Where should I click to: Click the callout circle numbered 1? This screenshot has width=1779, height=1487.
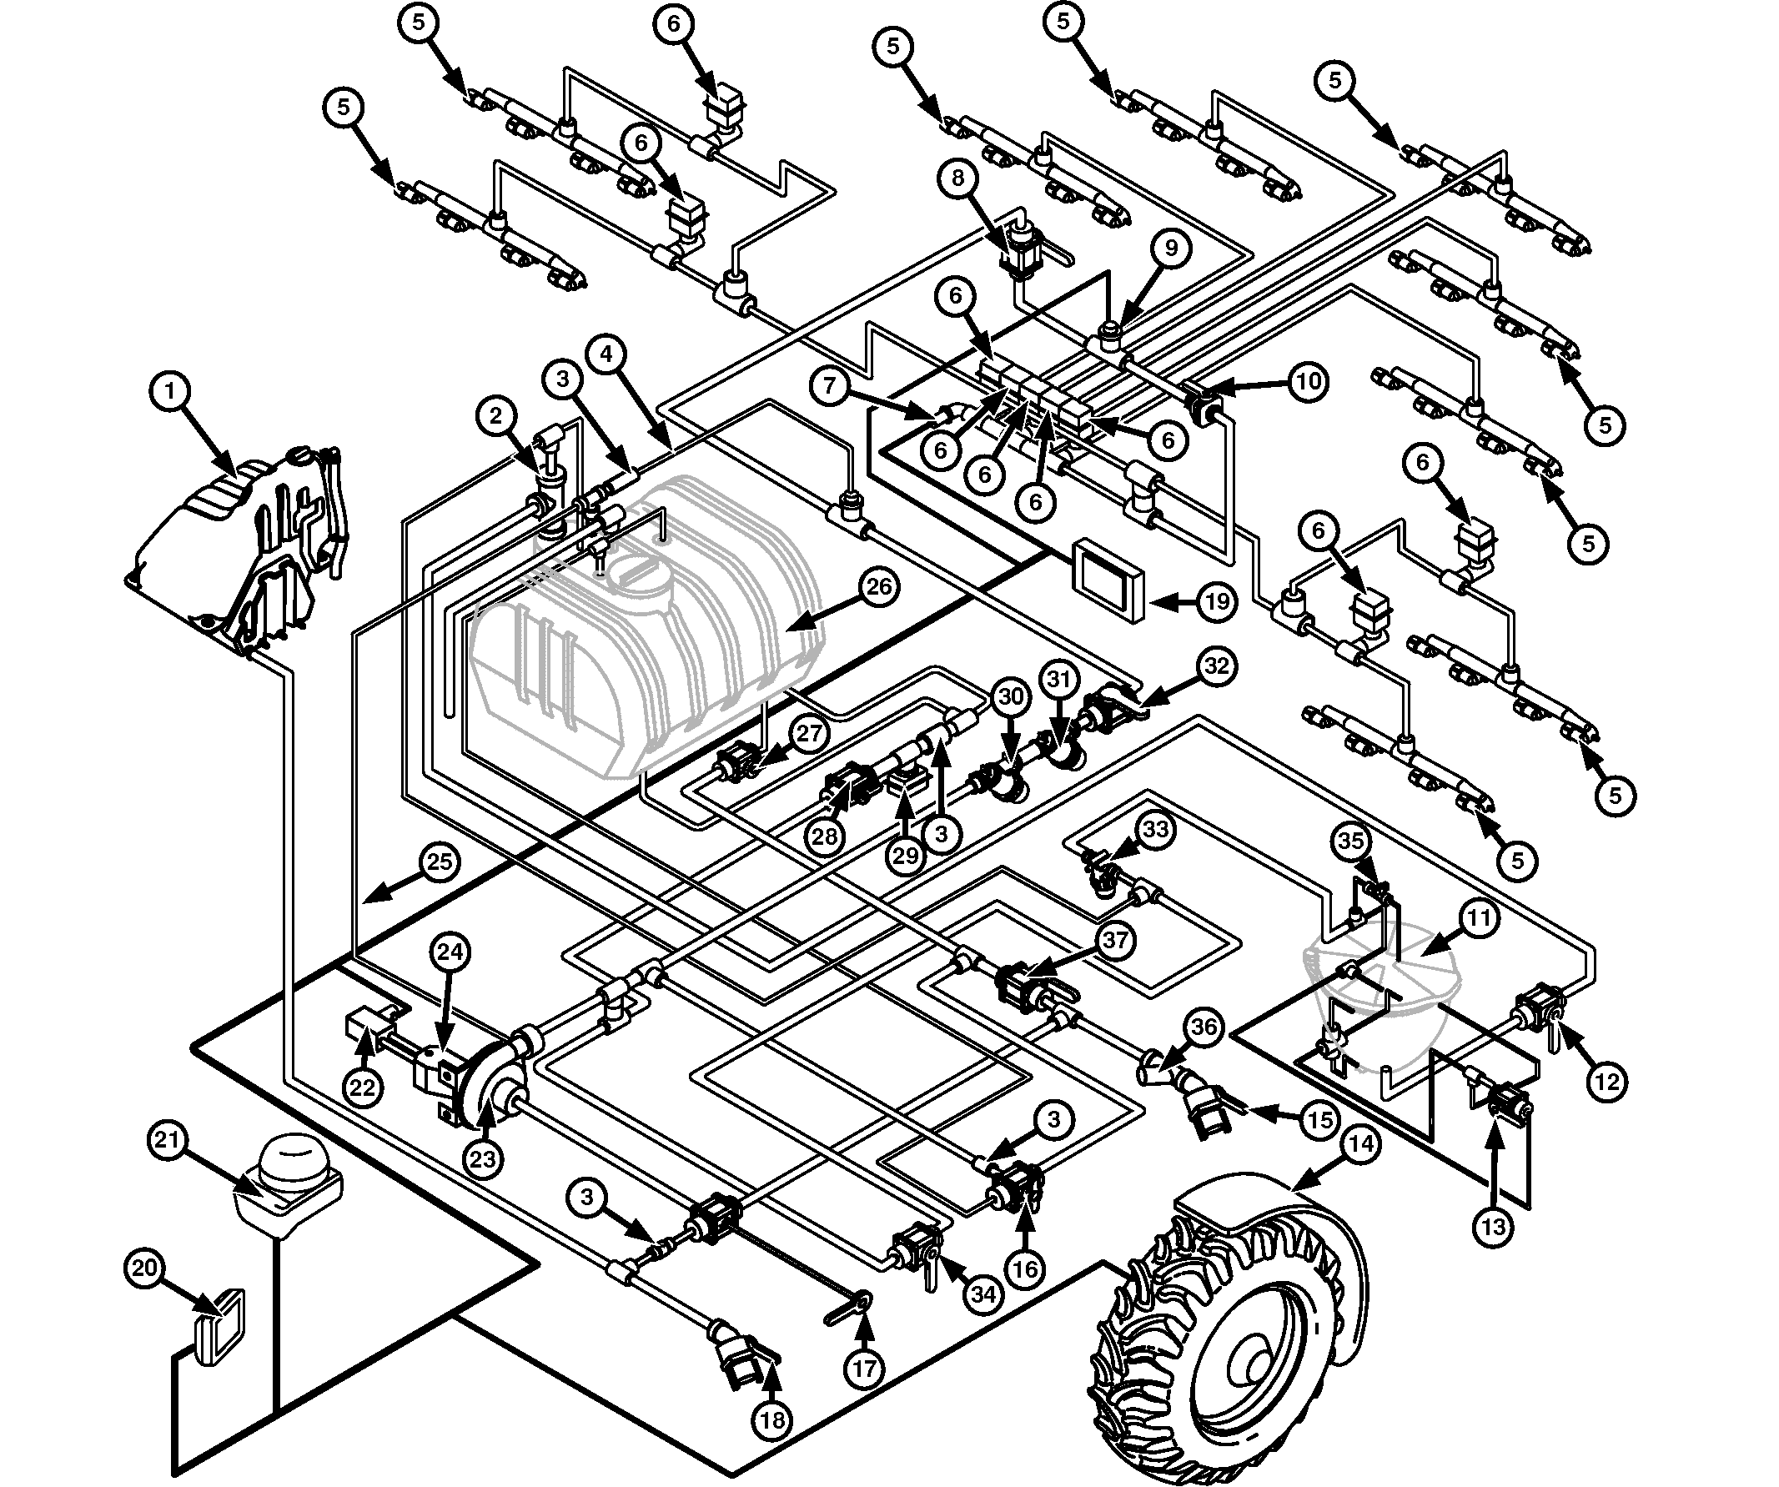[171, 391]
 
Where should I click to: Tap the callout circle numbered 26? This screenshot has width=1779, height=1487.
[879, 587]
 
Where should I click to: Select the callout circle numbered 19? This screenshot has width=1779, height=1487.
[1217, 601]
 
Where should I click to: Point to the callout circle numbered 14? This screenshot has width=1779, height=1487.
[1360, 1145]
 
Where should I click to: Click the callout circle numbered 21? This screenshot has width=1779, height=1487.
[167, 1139]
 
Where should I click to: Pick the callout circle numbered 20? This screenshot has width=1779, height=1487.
[145, 1268]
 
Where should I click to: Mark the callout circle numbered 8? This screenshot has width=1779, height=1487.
[958, 178]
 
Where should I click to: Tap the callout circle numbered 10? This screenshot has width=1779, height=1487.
[1308, 381]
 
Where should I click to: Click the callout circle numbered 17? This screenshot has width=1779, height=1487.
[864, 1369]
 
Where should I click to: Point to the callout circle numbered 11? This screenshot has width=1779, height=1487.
[1478, 917]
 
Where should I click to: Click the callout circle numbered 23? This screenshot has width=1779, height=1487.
[482, 1158]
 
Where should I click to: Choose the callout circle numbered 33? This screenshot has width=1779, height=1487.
[1154, 831]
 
